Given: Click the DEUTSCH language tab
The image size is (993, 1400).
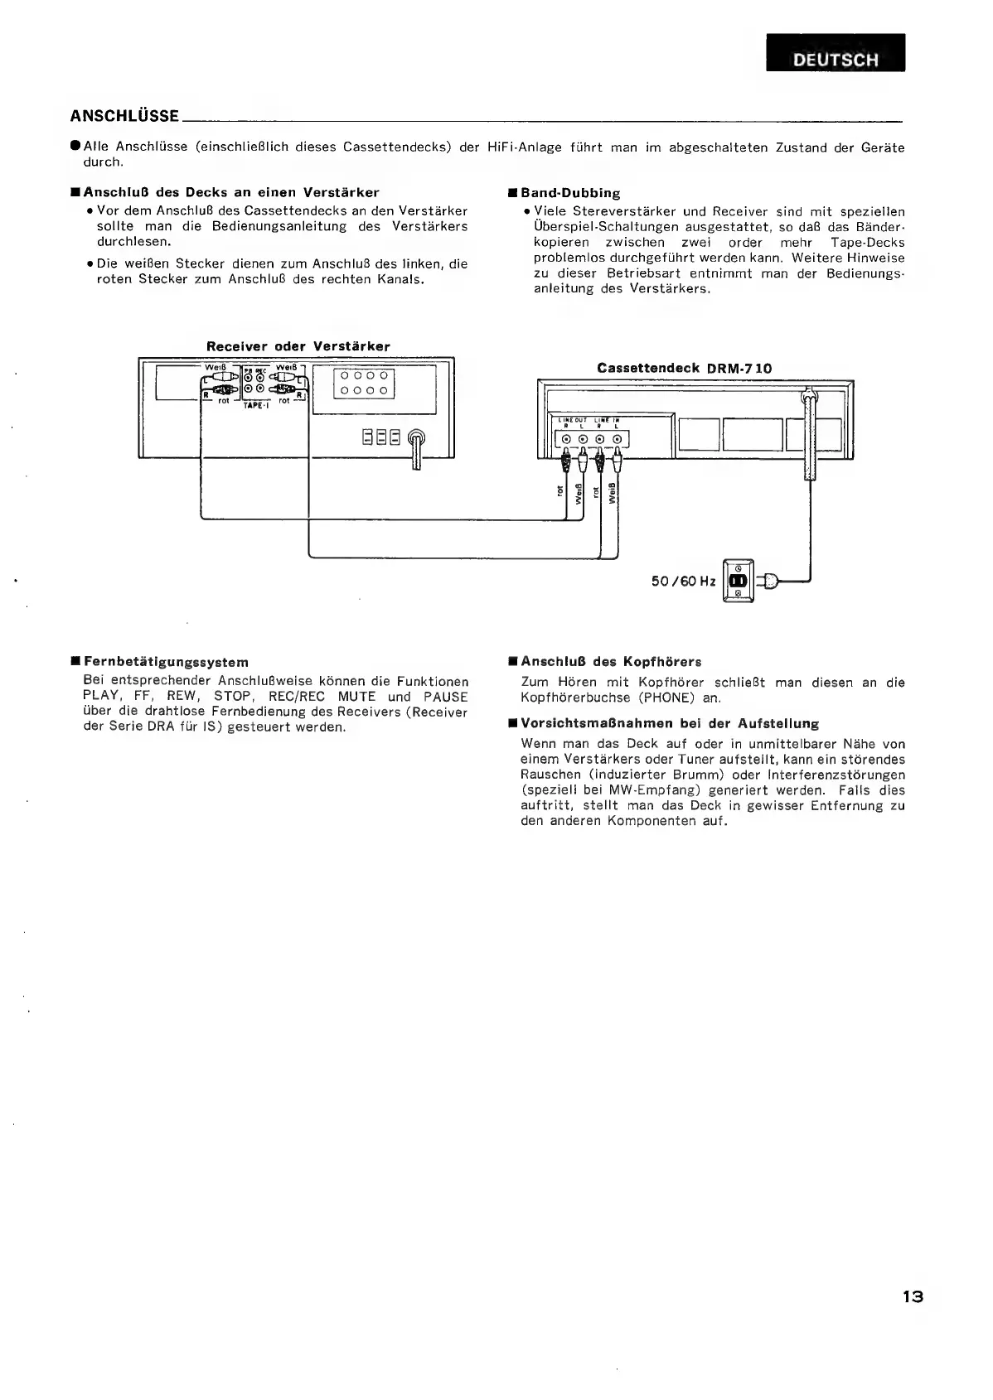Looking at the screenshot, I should tap(836, 59).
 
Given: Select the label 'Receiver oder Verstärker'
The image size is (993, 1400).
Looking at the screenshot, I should tap(298, 346).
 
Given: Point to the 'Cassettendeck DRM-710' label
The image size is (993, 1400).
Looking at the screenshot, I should tap(684, 368).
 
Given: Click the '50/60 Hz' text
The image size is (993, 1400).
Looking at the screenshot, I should tap(683, 582).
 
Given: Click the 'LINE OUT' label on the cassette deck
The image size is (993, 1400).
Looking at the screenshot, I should tap(570, 421).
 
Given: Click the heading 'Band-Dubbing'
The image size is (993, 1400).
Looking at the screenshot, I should tap(569, 193).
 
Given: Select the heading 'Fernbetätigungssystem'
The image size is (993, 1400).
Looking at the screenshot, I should tap(166, 662).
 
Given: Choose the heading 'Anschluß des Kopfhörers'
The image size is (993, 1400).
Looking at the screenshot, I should tap(611, 662).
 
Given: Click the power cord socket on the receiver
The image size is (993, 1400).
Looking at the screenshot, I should tap(416, 439).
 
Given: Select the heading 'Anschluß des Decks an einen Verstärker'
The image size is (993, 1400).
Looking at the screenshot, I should tap(231, 193).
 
